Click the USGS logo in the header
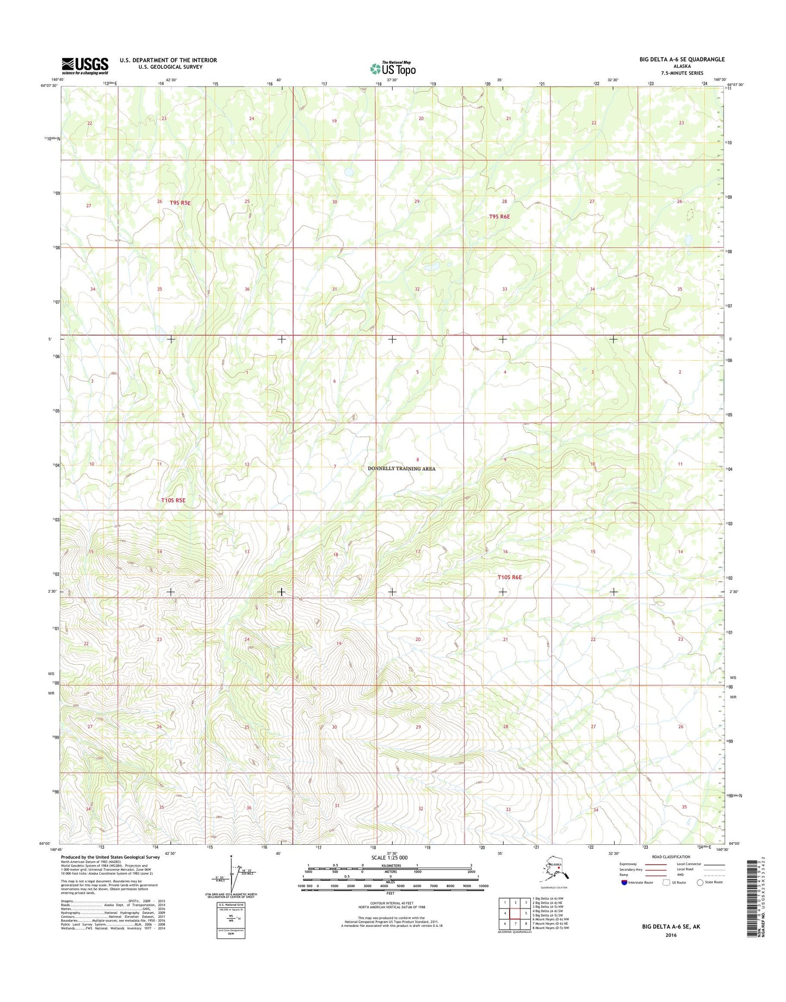(84, 65)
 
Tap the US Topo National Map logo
(393, 69)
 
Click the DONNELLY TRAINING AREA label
(401, 468)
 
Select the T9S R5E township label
(180, 202)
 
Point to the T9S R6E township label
(499, 217)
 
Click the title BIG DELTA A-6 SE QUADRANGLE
(682, 59)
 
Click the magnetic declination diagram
(228, 879)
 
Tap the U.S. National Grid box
(231, 919)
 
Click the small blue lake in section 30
(349, 173)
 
